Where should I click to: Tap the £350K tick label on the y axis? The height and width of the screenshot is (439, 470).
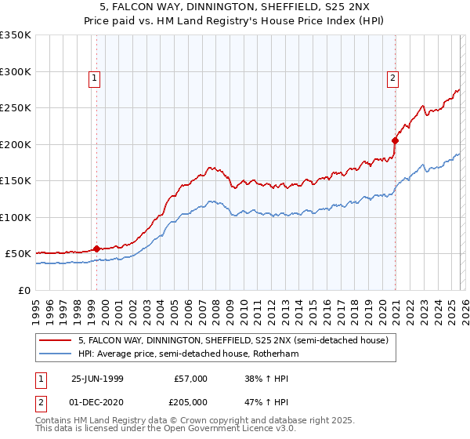click(16, 35)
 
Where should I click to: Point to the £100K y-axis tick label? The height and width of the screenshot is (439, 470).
click(16, 217)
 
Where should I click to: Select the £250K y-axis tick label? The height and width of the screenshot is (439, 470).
click(16, 108)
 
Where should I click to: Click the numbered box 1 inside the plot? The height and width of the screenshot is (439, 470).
click(94, 78)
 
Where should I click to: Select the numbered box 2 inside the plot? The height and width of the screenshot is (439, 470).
click(392, 78)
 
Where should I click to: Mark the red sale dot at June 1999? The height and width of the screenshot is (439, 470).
click(97, 249)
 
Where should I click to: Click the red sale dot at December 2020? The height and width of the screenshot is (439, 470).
click(395, 141)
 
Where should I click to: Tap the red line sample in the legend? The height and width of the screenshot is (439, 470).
click(56, 341)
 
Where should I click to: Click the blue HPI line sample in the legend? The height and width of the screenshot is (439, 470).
click(56, 354)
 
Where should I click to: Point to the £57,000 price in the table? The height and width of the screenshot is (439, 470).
click(190, 379)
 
